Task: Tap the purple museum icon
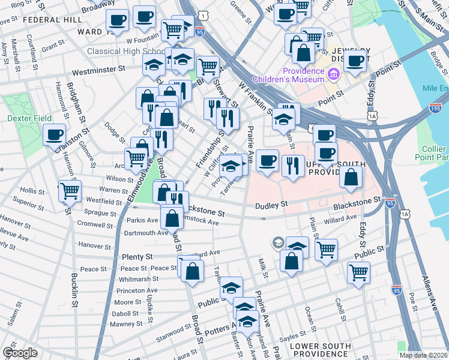click(x=334, y=74)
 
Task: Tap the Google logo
click(x=20, y=353)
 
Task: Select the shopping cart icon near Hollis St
click(x=70, y=191)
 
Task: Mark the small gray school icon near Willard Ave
click(x=277, y=242)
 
